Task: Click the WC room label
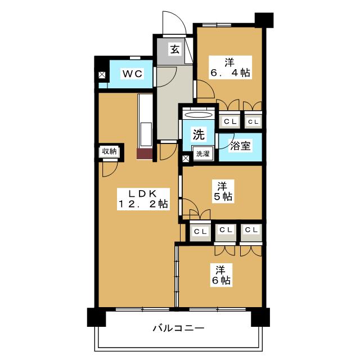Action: pyautogui.click(x=133, y=74)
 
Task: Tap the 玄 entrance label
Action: pyautogui.click(x=175, y=49)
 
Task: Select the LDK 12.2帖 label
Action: pyautogui.click(x=143, y=199)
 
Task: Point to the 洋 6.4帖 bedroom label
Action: pyautogui.click(x=230, y=67)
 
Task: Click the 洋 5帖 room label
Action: pyautogui.click(x=223, y=191)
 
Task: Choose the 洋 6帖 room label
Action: pyautogui.click(x=221, y=275)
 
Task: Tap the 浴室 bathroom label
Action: pyautogui.click(x=240, y=146)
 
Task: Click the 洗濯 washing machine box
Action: pyautogui.click(x=203, y=153)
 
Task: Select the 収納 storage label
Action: pyautogui.click(x=109, y=151)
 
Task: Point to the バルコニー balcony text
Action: pyautogui.click(x=178, y=328)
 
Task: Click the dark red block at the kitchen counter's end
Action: pyautogui.click(x=145, y=154)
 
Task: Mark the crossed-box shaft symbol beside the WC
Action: pyautogui.click(x=102, y=75)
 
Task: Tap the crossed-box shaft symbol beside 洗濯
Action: pyautogui.click(x=186, y=158)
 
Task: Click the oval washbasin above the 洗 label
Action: pyautogui.click(x=199, y=115)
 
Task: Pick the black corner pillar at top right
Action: pyautogui.click(x=264, y=20)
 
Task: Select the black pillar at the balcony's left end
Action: pyautogui.click(x=96, y=317)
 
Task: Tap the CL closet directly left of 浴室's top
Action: pyautogui.click(x=229, y=120)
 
